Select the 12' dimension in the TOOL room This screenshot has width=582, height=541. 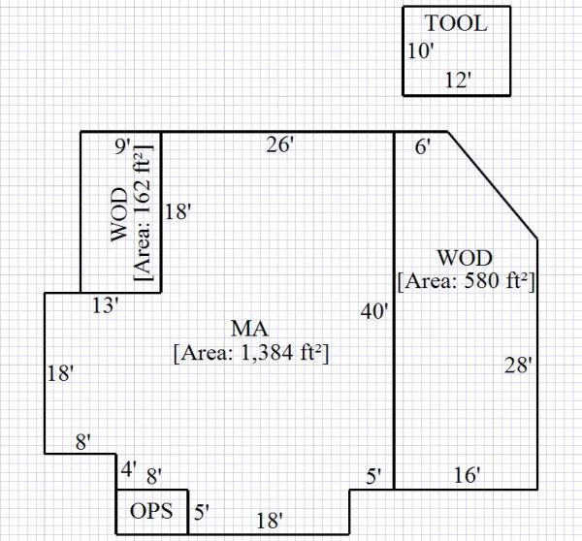[457, 80]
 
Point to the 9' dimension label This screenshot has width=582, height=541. [122, 146]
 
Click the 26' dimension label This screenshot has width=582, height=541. [280, 145]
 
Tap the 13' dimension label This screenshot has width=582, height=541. [105, 306]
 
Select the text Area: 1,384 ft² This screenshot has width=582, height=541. [250, 354]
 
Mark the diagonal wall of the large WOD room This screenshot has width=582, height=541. [493, 184]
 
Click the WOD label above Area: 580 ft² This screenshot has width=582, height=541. [466, 258]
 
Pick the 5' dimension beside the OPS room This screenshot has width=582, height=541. [200, 512]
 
